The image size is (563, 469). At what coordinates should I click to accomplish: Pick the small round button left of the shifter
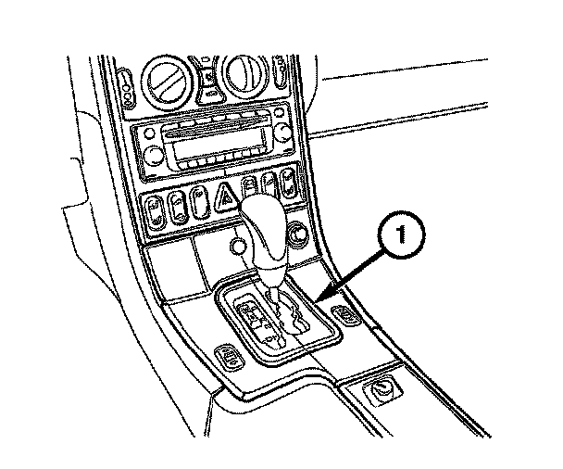(x=238, y=246)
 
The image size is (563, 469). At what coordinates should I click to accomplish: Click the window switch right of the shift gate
(x=346, y=315)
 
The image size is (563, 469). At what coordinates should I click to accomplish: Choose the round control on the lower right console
(x=380, y=393)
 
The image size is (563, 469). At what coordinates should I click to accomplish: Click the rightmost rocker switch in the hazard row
(x=290, y=180)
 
